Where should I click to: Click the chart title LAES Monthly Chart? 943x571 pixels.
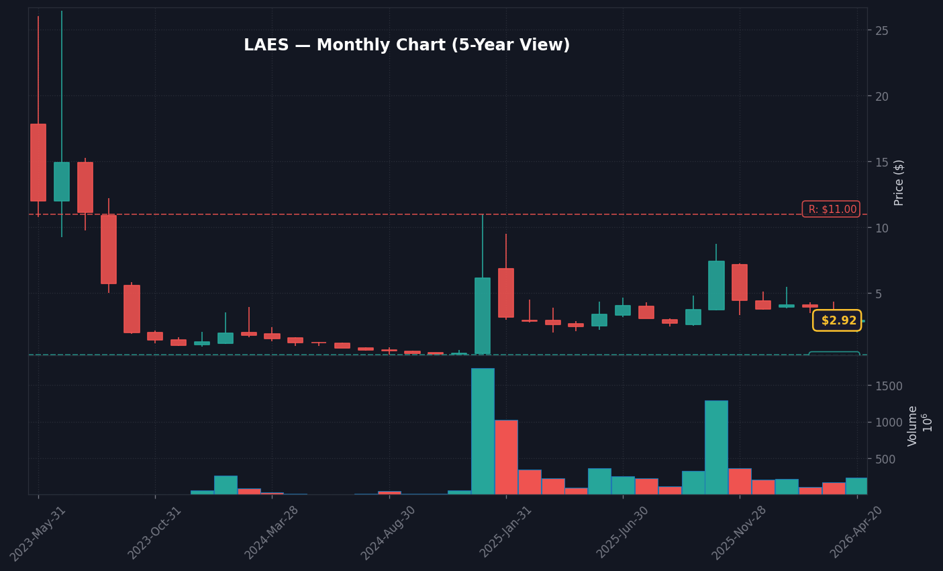pos(406,46)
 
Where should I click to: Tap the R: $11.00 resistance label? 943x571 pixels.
pos(831,209)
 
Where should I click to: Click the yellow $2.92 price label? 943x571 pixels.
pos(837,320)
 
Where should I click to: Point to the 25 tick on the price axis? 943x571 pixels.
pos(882,31)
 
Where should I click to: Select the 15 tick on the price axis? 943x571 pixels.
pos(882,162)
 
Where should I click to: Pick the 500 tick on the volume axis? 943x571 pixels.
pos(886,459)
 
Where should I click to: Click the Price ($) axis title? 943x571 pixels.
pos(899,182)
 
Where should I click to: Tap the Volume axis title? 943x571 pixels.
pos(913,425)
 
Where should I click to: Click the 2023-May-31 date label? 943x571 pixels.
pos(38,533)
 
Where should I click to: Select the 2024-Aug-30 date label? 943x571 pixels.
pos(389,533)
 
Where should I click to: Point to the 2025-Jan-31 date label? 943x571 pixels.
pos(506,533)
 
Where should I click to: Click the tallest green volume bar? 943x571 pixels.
pos(483,431)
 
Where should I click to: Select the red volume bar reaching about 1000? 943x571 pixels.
pos(506,457)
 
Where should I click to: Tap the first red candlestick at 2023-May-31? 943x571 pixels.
pos(38,163)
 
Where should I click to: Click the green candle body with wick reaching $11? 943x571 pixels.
pos(483,315)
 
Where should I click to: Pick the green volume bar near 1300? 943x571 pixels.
pos(716,447)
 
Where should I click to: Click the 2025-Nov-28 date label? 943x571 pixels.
pos(740,533)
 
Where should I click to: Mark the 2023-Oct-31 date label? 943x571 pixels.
pos(155,533)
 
